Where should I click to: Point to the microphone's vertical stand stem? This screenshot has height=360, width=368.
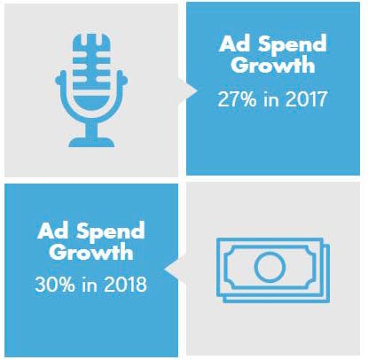91,128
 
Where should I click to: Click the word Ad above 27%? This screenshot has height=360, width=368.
235,44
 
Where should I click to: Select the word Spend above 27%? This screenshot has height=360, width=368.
293,46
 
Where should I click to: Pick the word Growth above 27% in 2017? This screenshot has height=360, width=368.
273,66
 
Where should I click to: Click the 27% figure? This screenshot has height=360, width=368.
237,99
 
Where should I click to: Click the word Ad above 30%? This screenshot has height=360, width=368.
53,231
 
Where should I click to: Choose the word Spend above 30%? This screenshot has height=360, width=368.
111,232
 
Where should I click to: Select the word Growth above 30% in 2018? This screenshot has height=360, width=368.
91,252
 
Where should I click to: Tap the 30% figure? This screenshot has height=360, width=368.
55,285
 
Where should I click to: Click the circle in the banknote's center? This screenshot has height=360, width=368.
270,267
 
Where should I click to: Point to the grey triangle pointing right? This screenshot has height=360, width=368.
188,91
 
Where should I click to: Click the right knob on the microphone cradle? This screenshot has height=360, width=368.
124,79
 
